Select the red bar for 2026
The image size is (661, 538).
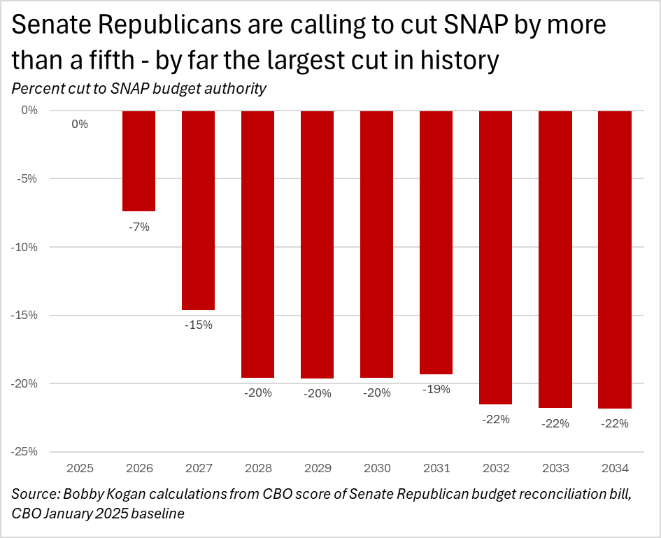pyautogui.click(x=138, y=160)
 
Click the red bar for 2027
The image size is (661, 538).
pyautogui.click(x=198, y=210)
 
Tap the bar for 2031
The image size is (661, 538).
pyautogui.click(x=436, y=242)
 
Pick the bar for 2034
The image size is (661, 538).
pyautogui.click(x=615, y=259)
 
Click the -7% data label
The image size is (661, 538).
pyautogui.click(x=138, y=227)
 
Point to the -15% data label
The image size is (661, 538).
pyautogui.click(x=198, y=325)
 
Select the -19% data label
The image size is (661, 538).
pyautogui.click(x=436, y=389)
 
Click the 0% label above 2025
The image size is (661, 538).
pyautogui.click(x=80, y=125)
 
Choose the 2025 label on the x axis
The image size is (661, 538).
pyautogui.click(x=79, y=468)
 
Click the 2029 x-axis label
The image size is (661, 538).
pyautogui.click(x=317, y=468)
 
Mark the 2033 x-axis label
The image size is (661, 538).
pyautogui.click(x=555, y=468)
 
